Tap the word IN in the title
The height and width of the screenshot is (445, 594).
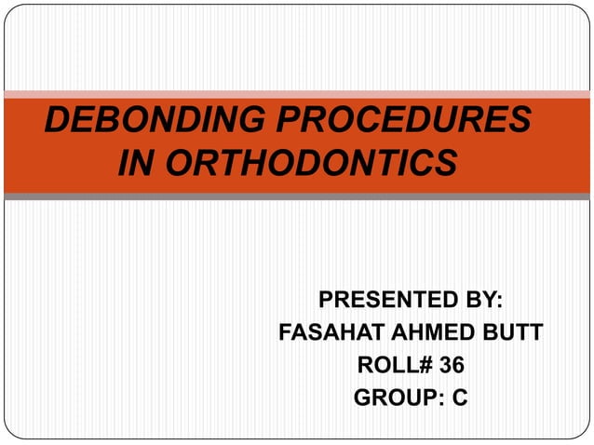pyautogui.click(x=136, y=163)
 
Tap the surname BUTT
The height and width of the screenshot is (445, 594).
pyautogui.click(x=517, y=333)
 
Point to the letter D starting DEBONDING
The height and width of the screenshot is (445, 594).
pyautogui.click(x=58, y=122)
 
